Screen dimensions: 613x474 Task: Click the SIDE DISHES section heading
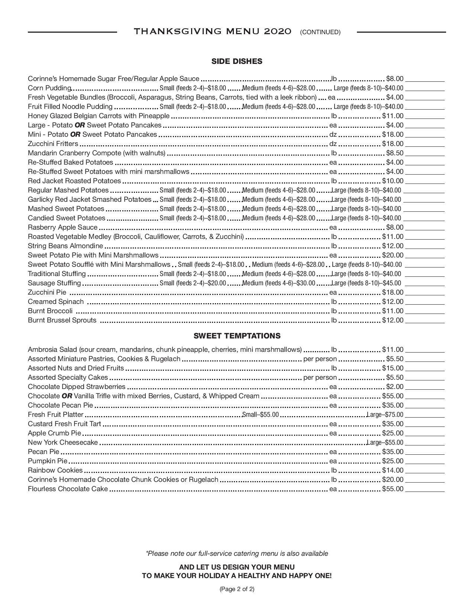point(237,61)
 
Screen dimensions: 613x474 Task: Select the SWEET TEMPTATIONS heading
point(237,336)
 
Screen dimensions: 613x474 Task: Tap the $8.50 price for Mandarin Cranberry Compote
point(394,153)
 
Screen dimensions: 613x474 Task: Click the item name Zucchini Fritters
point(53,144)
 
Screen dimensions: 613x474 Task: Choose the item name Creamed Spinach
point(56,302)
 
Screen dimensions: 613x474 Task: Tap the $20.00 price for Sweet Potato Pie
point(393,255)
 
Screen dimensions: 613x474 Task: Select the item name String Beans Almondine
point(65,246)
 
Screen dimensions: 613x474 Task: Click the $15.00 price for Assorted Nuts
point(393,368)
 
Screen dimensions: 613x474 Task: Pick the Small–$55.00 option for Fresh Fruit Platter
point(260,415)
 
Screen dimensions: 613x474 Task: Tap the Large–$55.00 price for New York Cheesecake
point(385,442)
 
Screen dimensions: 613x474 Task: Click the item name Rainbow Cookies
point(55,470)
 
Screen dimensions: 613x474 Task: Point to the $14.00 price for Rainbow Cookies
point(393,470)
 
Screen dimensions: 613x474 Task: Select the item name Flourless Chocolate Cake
point(68,489)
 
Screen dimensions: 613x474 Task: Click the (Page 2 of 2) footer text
point(237,589)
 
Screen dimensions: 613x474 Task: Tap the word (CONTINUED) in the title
point(320,32)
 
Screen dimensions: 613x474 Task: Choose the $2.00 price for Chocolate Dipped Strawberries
point(394,387)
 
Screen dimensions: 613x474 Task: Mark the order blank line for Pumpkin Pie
point(425,464)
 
